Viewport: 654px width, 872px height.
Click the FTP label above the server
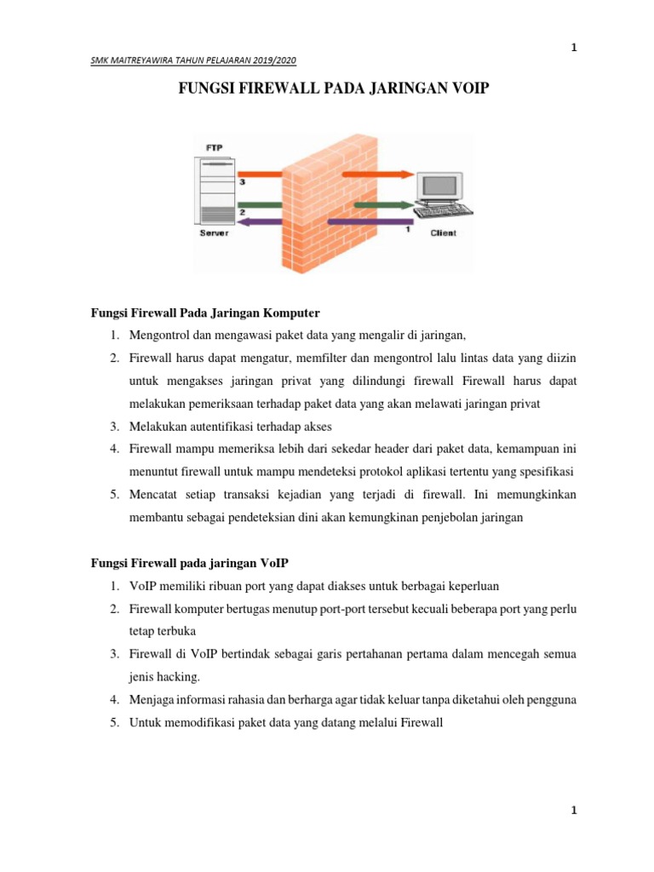[215, 148]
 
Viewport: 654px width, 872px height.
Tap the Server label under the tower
[215, 232]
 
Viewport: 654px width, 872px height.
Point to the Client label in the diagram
[443, 232]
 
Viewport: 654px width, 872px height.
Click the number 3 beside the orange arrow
[243, 181]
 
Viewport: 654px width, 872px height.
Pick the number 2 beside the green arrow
[243, 211]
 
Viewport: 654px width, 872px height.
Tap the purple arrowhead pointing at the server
[246, 222]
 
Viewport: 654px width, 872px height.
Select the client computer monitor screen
[440, 186]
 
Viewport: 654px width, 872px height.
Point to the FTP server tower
[215, 189]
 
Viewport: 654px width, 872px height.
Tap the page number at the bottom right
[574, 812]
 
